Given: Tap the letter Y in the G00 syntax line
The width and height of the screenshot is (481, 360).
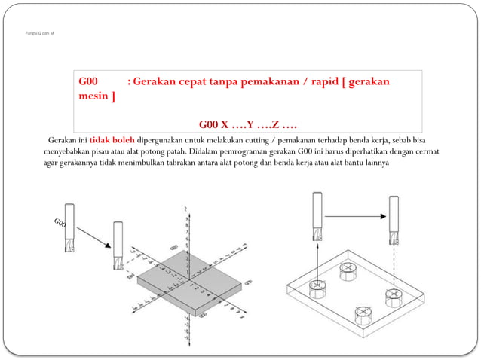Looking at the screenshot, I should pyautogui.click(x=250, y=124).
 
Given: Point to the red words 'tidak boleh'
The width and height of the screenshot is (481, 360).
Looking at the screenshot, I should pyautogui.click(x=112, y=140).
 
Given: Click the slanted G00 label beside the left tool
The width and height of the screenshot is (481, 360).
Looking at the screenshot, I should pyautogui.click(x=60, y=224).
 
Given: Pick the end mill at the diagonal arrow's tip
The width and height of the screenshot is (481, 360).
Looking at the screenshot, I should pyautogui.click(x=118, y=246).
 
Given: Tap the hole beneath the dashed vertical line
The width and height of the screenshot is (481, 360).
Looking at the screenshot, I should pyautogui.click(x=393, y=295).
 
